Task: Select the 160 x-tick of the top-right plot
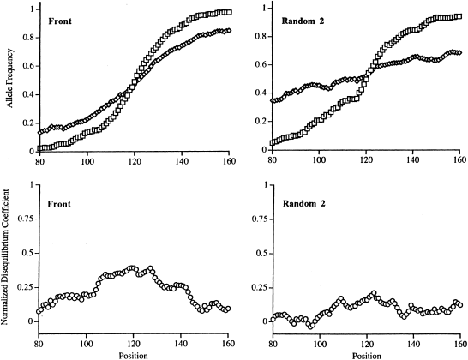(459, 159)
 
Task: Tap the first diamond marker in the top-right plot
(273, 101)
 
